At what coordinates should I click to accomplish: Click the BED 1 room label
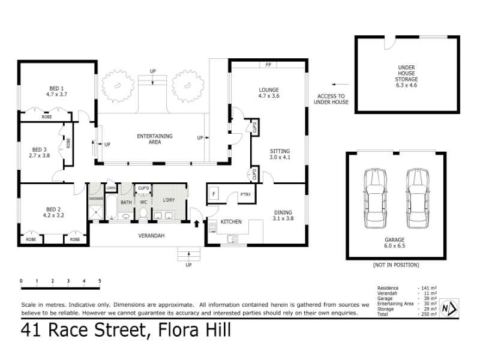(x=56, y=88)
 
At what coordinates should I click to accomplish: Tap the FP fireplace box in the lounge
(x=268, y=65)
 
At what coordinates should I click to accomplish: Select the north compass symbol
(x=449, y=308)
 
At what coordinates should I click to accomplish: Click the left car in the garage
(x=374, y=199)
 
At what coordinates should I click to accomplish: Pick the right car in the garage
(x=417, y=199)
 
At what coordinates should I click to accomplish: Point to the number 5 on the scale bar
(x=100, y=281)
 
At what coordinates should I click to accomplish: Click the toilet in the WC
(x=143, y=213)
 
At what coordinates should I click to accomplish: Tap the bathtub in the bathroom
(x=111, y=206)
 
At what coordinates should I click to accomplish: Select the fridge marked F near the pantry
(x=214, y=194)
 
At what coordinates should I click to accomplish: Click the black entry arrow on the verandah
(x=197, y=224)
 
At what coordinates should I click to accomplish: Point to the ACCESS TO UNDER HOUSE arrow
(x=340, y=84)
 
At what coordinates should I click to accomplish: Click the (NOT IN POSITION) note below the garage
(x=396, y=265)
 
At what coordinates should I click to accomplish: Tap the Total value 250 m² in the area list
(x=428, y=314)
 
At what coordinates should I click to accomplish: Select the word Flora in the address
(x=176, y=330)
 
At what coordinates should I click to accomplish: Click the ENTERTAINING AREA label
(x=155, y=139)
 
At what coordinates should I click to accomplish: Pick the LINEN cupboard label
(x=111, y=188)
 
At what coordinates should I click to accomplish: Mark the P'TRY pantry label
(x=245, y=194)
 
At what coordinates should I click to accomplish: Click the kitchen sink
(x=232, y=239)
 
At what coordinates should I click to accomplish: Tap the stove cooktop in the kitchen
(x=212, y=227)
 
